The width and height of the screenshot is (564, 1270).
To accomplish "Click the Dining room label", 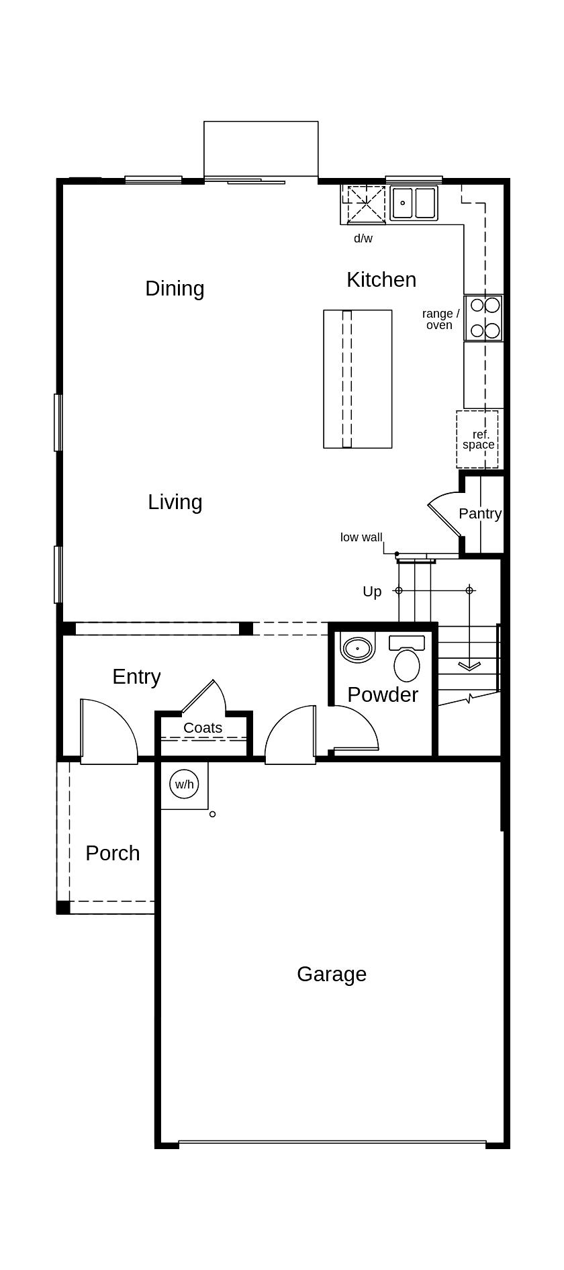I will click(175, 288).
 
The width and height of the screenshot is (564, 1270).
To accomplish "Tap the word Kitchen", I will click(381, 279).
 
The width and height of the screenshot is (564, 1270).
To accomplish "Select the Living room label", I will click(175, 502).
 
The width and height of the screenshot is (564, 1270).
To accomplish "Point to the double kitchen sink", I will click(414, 203).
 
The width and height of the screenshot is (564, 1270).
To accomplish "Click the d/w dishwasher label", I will click(363, 238).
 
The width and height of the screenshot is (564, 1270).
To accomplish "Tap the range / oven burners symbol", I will click(485, 318).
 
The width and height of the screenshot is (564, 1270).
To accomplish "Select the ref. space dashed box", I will click(478, 439).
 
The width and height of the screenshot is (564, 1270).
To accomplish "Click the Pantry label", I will click(479, 513).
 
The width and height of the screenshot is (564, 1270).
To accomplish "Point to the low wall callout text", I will click(361, 537).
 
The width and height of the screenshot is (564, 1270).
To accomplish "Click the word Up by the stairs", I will click(372, 591).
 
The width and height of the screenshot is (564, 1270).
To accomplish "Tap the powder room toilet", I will click(406, 660).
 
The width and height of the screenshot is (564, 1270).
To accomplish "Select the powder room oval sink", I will click(358, 649).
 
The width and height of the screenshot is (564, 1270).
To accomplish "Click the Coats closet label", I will click(203, 727).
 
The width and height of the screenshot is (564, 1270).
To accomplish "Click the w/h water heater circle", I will click(184, 784).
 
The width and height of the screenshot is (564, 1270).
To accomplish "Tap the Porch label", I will click(113, 853).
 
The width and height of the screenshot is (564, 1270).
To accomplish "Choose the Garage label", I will click(332, 974).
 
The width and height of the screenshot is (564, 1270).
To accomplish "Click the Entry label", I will click(136, 676).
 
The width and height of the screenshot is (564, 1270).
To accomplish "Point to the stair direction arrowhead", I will click(469, 666).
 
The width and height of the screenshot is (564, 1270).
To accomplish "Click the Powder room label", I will click(383, 694).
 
